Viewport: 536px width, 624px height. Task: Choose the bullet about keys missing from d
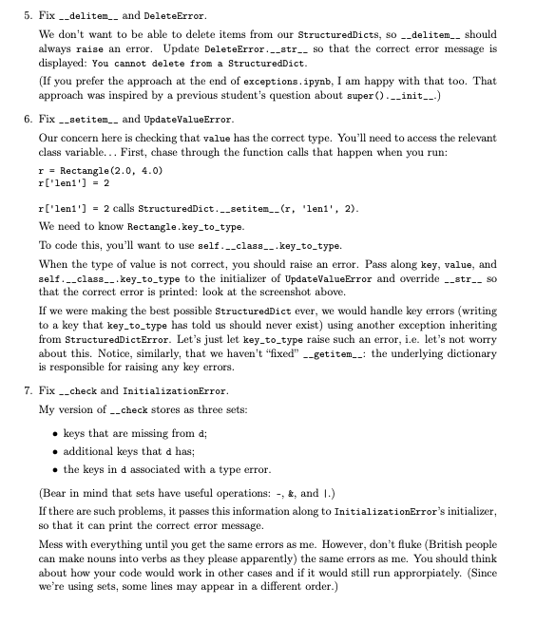click(119, 433)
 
